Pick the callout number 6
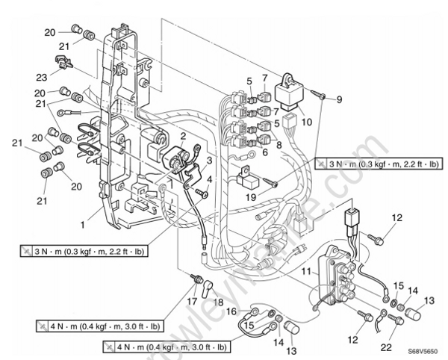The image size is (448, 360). click(264, 152)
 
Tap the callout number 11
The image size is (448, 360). click(307, 275)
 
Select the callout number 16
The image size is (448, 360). click(232, 310)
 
